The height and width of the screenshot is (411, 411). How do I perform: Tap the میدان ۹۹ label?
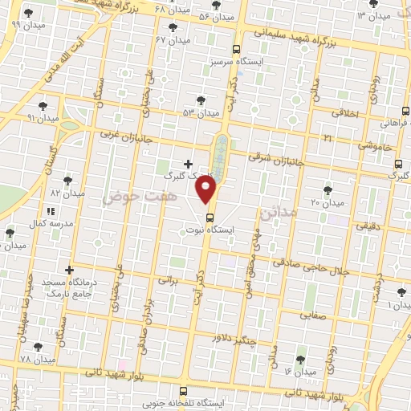pos(26,24)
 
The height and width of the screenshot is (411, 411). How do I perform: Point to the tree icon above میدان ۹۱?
pos(43,105)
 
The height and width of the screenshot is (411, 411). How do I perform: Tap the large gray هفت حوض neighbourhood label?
pos(134,195)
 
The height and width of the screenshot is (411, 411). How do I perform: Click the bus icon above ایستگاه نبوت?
pos(210,217)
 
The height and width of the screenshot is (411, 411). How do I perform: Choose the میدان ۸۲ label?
pos(67,193)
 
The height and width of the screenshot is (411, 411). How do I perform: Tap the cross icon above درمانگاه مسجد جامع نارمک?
pos(70,270)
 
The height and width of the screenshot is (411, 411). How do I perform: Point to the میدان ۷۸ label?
pos(37,359)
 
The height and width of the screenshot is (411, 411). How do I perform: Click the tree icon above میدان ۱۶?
pos(301,359)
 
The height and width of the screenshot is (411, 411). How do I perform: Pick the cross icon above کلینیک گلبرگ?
pos(188,164)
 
